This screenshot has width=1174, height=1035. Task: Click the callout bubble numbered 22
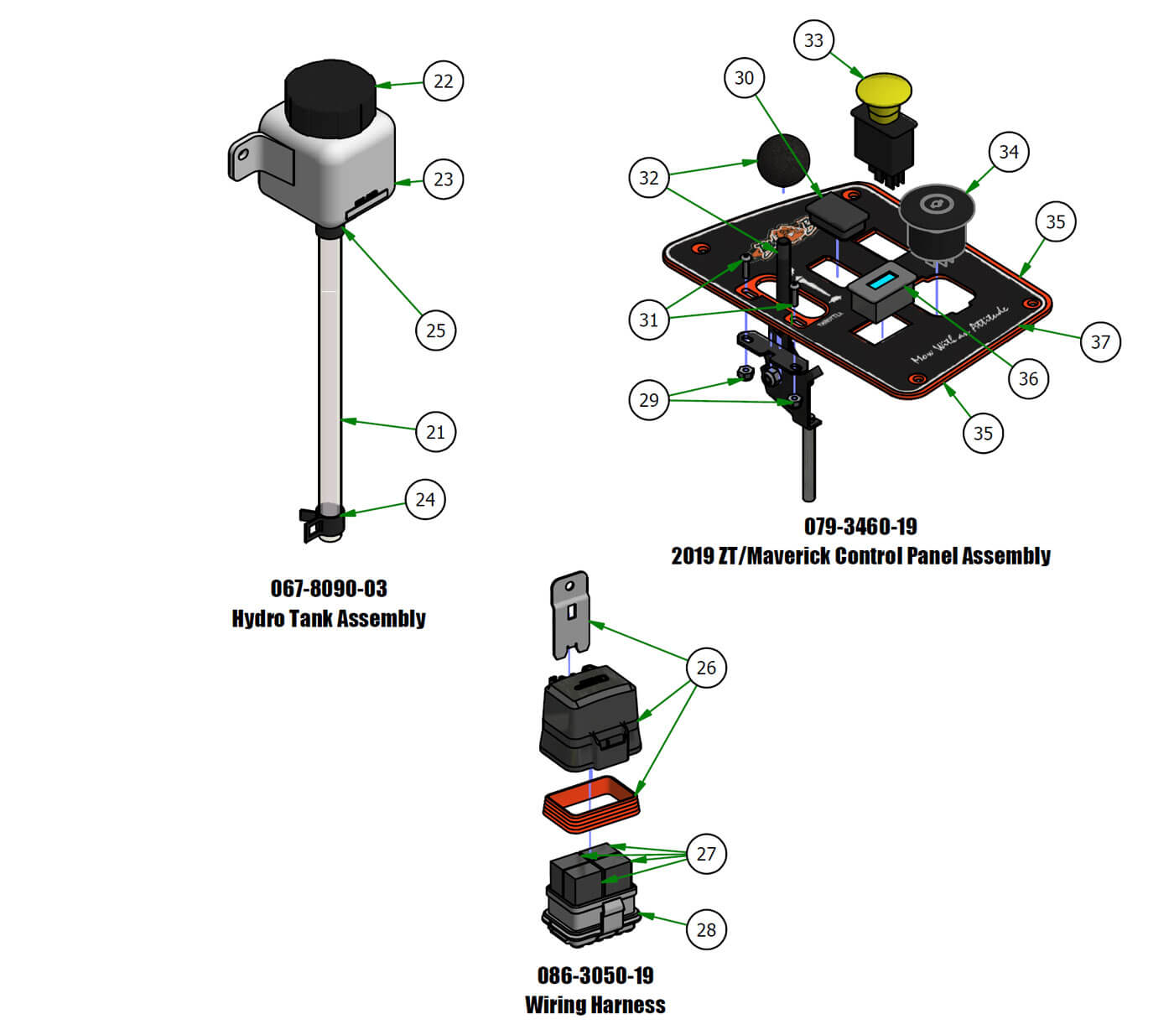pos(443,81)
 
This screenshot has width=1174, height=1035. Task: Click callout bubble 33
pos(813,40)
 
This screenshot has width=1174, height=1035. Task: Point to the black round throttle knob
pos(784,159)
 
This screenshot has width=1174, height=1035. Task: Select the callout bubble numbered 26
pos(706,668)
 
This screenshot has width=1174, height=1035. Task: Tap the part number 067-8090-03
pos(329,589)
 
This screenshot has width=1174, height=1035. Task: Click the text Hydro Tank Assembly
pos(329,619)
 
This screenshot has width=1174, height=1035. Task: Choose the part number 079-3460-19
pos(860,527)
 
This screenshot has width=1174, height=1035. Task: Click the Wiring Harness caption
pos(595,1005)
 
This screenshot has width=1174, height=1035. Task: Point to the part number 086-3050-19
pos(595,975)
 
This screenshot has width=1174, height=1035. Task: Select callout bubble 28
pos(706,929)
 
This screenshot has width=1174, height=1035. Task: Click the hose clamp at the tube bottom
pos(321,522)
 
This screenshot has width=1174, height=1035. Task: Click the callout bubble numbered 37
pos(1100,341)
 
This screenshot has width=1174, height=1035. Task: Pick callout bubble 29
pos(649,400)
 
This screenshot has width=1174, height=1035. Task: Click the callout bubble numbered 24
pos(425,500)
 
